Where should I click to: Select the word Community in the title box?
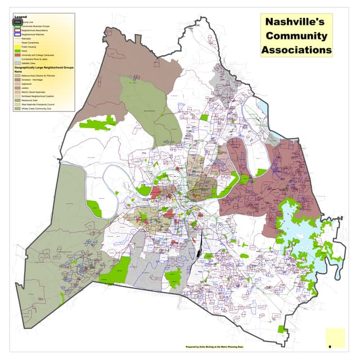[x=296, y=36]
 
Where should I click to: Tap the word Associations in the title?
[x=296, y=49]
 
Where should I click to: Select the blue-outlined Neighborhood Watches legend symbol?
[x=17, y=34]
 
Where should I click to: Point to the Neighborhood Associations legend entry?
[x=34, y=30]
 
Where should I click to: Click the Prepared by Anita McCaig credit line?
[x=220, y=347]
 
